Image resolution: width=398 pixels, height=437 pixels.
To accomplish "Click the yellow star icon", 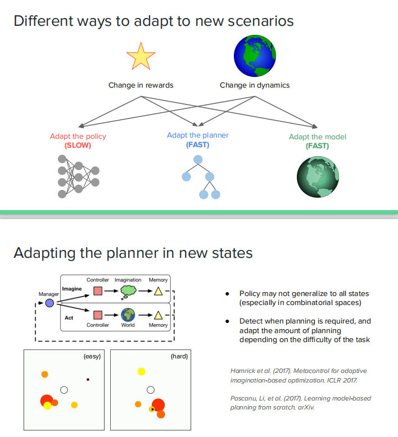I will click(141, 57).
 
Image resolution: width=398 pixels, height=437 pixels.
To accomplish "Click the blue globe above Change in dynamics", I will click(255, 56).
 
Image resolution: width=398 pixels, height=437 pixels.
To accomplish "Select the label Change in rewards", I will click(141, 85).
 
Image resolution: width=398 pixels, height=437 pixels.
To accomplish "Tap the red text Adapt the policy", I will click(78, 136).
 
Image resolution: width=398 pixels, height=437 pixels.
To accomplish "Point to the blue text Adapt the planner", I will click(197, 135).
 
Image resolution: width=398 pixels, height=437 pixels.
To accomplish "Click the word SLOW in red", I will click(78, 145).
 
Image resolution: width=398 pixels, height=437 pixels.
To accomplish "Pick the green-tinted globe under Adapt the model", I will click(319, 175).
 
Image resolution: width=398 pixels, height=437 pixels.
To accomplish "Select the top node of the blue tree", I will click(198, 160).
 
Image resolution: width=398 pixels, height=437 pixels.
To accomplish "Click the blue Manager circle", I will click(49, 303).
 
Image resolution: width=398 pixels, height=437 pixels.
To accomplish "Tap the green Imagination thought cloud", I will click(129, 291).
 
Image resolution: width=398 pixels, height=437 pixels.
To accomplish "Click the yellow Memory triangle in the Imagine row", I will click(159, 291).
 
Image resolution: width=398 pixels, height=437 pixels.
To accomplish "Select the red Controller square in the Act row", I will click(97, 315).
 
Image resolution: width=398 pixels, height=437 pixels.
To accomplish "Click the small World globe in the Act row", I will click(128, 315).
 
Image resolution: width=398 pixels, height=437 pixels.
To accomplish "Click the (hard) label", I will click(179, 357).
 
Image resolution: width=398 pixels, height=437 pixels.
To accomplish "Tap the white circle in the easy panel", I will click(64, 390).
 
